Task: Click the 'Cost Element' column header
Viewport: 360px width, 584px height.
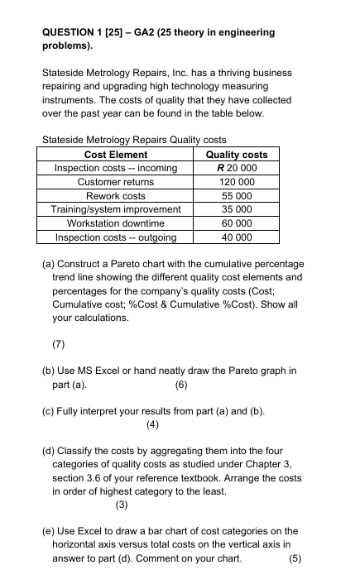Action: click(116, 155)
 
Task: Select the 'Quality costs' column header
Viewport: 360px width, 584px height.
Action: click(236, 155)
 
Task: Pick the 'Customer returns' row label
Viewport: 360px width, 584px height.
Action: click(116, 182)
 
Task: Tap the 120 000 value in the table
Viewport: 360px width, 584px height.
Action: click(236, 182)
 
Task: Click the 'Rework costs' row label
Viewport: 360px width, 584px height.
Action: click(116, 196)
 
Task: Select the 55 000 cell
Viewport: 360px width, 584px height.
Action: click(236, 196)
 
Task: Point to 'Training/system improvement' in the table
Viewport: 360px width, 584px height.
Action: click(116, 210)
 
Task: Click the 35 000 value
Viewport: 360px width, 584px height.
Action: click(236, 210)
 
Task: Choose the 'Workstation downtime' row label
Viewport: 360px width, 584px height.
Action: click(116, 223)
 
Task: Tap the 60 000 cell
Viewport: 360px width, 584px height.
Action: click(236, 223)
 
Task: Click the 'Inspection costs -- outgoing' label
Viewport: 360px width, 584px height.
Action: click(116, 237)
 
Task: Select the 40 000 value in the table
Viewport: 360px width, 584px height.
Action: click(236, 237)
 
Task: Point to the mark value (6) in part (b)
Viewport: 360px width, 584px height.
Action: click(183, 385)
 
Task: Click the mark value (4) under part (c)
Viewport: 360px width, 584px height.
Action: click(151, 425)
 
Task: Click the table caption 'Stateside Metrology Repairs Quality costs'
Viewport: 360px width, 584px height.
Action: click(133, 140)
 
